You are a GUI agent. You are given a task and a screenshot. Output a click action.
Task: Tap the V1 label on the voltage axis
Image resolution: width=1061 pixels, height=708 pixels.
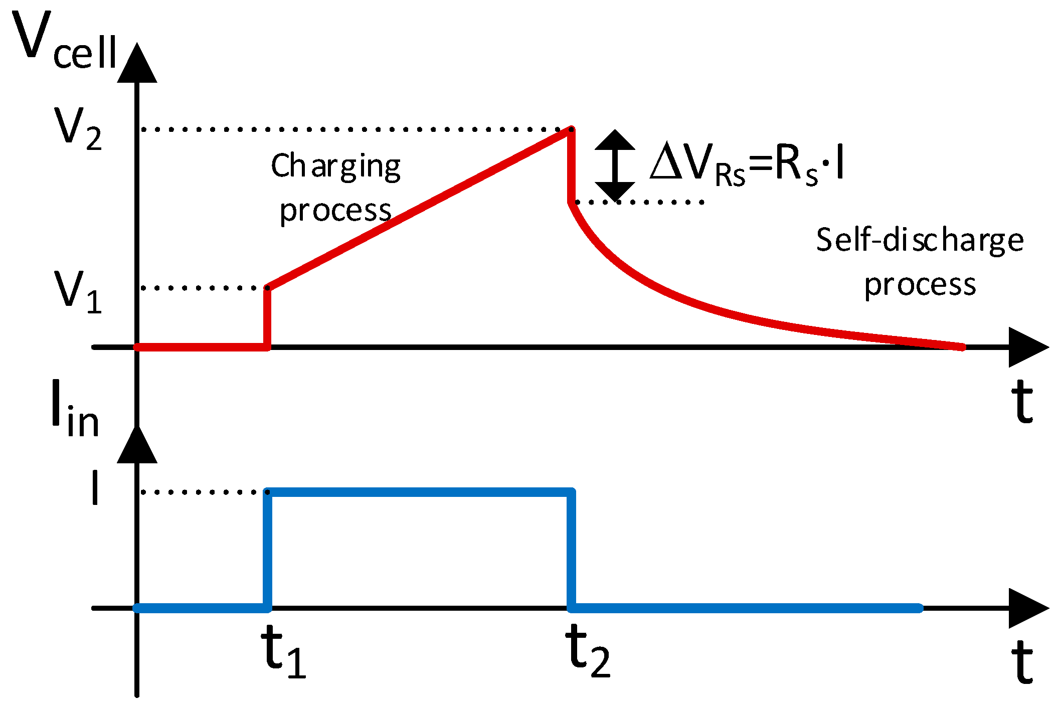(78, 291)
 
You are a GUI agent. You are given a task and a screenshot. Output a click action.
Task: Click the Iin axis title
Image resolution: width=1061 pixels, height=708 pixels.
(75, 409)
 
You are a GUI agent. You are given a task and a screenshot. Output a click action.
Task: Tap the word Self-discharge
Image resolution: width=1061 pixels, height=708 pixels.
(919, 240)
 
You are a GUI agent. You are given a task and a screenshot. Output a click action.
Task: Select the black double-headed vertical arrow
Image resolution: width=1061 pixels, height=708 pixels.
(615, 165)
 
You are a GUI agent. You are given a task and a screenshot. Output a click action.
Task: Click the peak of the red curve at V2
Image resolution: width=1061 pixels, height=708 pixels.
(571, 129)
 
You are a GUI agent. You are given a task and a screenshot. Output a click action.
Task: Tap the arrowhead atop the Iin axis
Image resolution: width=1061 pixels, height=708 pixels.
(137, 445)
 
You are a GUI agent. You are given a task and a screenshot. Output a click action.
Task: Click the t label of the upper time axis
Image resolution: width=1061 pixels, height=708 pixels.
(1022, 402)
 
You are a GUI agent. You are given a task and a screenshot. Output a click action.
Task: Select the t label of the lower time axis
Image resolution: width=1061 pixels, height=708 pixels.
(1022, 662)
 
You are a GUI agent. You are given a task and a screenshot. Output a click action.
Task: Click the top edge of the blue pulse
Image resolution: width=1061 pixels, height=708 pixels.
(419, 492)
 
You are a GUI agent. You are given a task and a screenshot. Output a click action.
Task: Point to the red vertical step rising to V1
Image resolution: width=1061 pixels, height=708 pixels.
(267, 317)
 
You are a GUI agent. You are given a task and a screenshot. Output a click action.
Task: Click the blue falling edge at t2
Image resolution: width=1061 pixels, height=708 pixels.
(571, 550)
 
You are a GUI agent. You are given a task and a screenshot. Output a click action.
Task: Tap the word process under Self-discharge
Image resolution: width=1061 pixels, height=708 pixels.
(920, 285)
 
